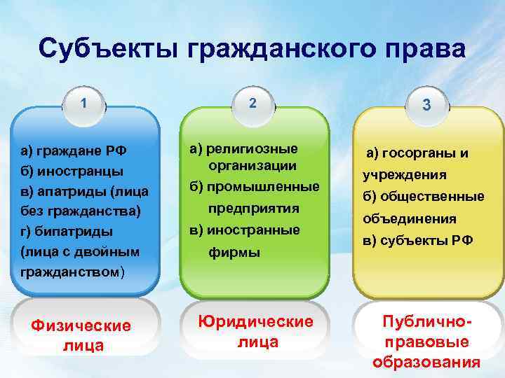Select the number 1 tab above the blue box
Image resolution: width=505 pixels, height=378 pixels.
click(83, 103)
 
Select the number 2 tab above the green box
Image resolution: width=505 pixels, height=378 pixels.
click(252, 103)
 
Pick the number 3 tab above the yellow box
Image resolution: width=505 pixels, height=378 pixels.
click(424, 105)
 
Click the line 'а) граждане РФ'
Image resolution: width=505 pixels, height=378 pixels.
click(73, 150)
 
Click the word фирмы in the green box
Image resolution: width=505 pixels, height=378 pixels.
click(234, 251)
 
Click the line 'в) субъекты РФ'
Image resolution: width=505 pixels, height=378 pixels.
click(417, 240)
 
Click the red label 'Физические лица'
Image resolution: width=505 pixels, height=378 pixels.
click(83, 335)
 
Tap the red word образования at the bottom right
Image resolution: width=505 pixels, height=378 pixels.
click(426, 363)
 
